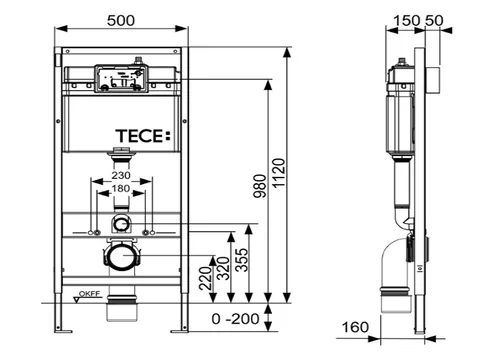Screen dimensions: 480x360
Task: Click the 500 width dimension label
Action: pos(121,21)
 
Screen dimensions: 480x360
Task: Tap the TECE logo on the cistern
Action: pos(143,136)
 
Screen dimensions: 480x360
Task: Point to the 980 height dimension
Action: pos(260,186)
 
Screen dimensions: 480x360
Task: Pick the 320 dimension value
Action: pos(224,268)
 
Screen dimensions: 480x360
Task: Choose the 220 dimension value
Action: pos(206,278)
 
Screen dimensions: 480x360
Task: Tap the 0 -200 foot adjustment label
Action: pos(235,319)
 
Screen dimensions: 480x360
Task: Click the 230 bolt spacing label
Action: pos(121,175)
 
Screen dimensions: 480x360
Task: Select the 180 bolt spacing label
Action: pos(121,189)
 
